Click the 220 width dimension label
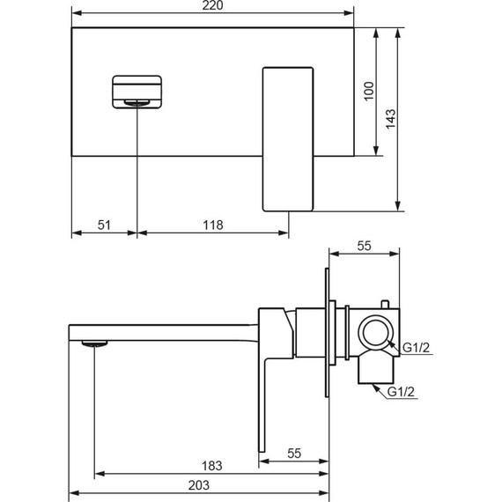click(x=212, y=5)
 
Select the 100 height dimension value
click(x=369, y=92)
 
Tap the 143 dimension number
click(x=390, y=119)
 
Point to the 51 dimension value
click(x=104, y=225)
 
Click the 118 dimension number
click(x=213, y=225)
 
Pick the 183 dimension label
click(x=211, y=466)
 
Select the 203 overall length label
click(x=199, y=485)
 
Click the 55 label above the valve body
click(x=365, y=246)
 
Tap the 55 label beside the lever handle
click(x=294, y=454)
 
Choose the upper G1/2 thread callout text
click(x=416, y=347)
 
